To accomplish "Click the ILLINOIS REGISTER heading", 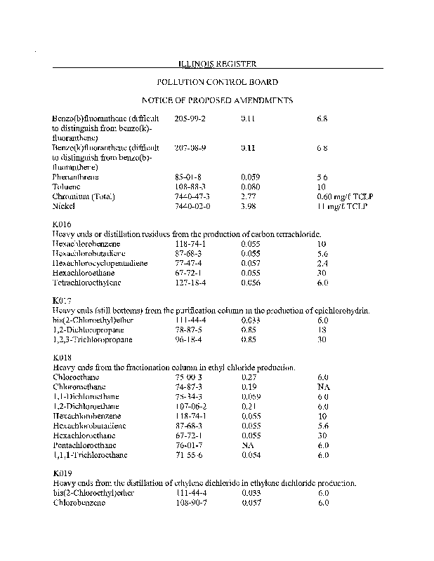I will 217,64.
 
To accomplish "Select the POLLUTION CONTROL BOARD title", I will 217,82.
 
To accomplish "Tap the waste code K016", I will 62,224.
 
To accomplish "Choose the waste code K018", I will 62,358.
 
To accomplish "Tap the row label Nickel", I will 65,207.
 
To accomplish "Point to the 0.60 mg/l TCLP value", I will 342,197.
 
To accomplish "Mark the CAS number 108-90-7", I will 190,502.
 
